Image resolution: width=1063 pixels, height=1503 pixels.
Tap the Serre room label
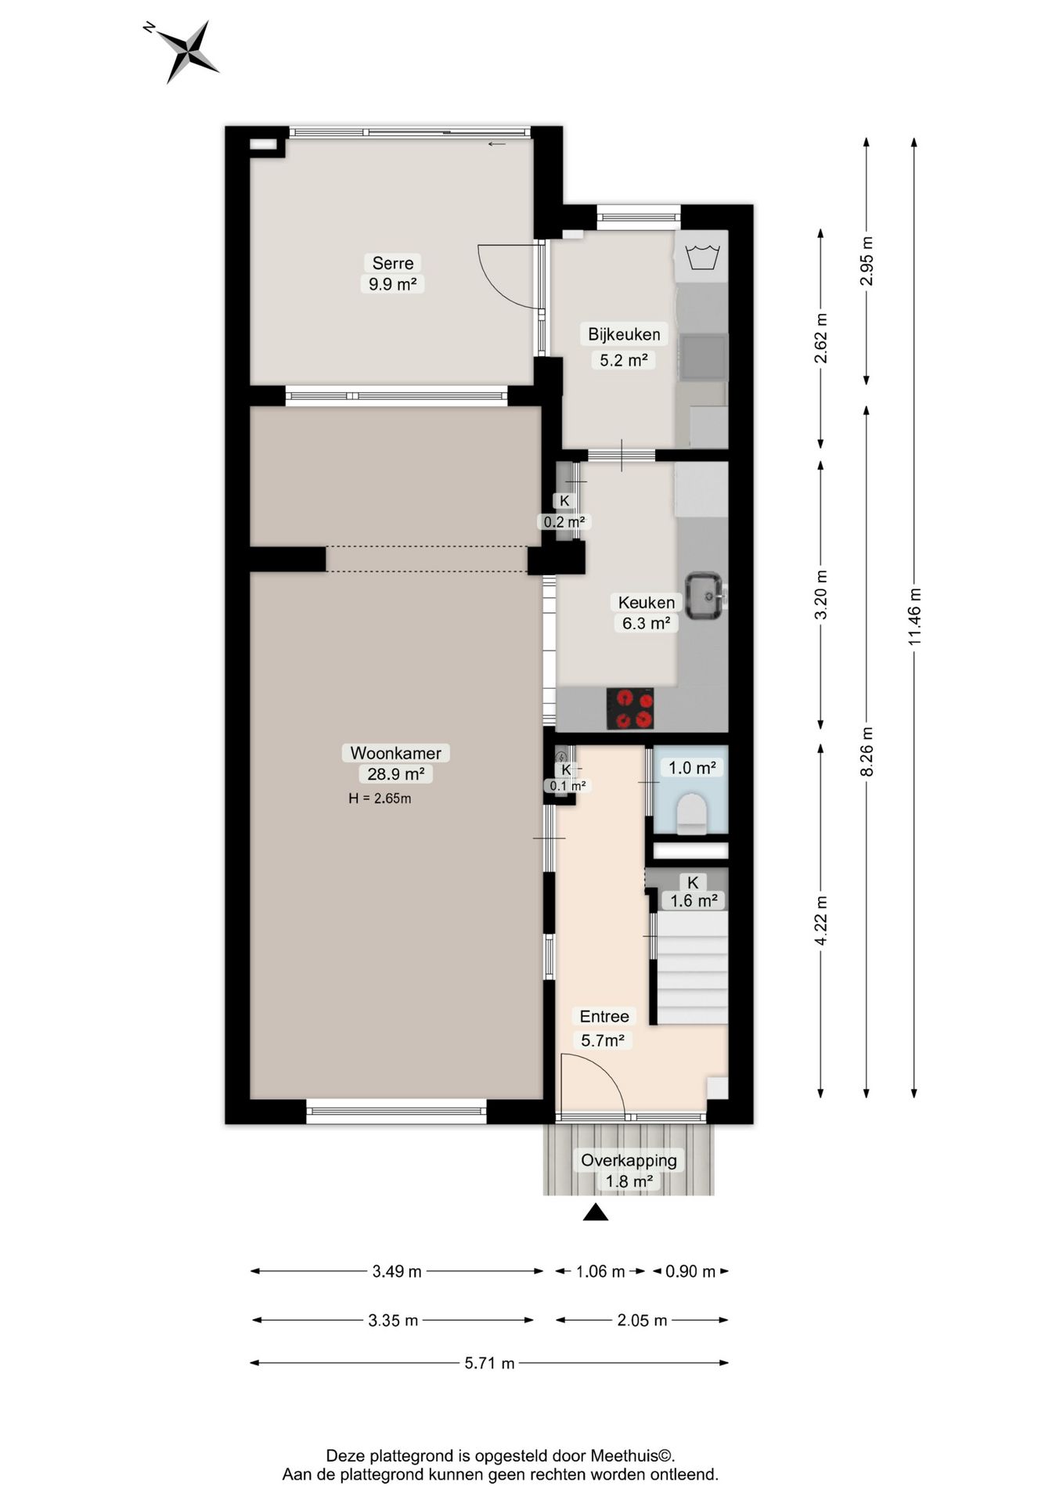point(393,263)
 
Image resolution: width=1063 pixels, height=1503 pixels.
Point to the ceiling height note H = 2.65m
point(380,798)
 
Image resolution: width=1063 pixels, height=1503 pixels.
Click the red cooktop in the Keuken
point(630,708)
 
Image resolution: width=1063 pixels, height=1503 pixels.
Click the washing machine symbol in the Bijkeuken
point(702,256)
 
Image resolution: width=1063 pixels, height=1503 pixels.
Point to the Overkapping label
point(629,1160)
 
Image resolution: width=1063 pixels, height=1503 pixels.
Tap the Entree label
point(604,1016)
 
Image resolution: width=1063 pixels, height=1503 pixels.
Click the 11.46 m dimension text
point(914,617)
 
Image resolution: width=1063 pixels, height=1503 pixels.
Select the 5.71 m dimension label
point(490,1363)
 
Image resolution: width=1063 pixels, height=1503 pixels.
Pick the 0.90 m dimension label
point(690,1271)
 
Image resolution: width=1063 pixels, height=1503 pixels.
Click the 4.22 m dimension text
point(820,920)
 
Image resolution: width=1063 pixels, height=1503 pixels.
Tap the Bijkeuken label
point(624,334)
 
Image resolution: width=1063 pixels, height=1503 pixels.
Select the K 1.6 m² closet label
point(694,892)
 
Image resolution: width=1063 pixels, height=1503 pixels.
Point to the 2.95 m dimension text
point(867,261)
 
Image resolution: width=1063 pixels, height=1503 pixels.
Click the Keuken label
point(647,603)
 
